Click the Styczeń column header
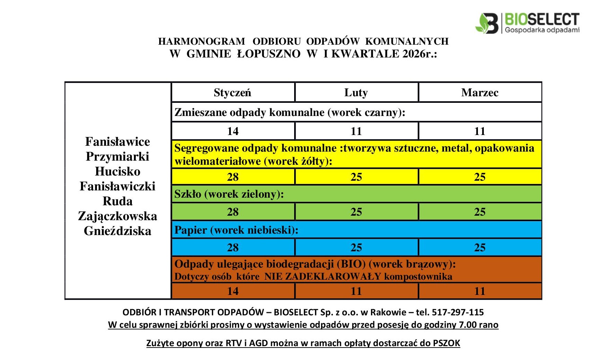(x=232, y=92)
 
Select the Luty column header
(x=356, y=92)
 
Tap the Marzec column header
(x=480, y=92)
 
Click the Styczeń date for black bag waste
(x=233, y=131)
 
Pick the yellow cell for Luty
(x=356, y=177)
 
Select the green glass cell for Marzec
(x=480, y=212)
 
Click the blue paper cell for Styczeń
(x=233, y=247)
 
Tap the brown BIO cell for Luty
(x=356, y=291)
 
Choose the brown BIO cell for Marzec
(x=480, y=291)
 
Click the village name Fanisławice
(x=118, y=142)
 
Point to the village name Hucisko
(x=118, y=171)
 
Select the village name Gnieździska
(x=118, y=231)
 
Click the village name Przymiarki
(x=118, y=156)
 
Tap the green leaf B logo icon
(x=487, y=24)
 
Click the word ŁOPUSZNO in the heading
(x=269, y=54)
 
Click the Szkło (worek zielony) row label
(x=229, y=194)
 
